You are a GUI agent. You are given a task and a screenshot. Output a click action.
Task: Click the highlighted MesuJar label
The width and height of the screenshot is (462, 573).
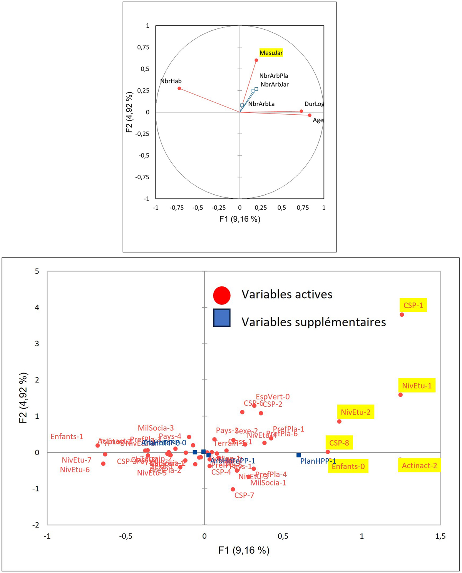271,53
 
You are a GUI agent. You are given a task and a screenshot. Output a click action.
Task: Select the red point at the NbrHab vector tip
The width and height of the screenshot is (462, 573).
179,88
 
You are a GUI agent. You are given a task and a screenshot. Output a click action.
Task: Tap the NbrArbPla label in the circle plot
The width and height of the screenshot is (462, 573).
273,76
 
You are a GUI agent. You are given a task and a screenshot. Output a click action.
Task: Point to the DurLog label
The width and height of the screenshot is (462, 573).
314,104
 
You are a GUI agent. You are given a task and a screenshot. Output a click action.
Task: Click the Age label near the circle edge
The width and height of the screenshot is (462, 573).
318,120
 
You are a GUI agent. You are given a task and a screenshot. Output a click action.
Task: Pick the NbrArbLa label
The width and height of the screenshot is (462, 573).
261,104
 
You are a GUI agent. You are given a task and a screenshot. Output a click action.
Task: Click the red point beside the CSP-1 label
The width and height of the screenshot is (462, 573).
402,314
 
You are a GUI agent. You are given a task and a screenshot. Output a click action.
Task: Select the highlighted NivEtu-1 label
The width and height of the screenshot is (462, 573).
417,386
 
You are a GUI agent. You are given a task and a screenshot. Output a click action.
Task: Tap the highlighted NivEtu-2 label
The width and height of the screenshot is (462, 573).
355,412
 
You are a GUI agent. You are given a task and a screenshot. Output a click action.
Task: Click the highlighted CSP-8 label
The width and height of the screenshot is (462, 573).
339,443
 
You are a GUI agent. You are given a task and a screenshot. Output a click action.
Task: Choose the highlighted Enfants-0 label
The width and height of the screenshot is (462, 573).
348,466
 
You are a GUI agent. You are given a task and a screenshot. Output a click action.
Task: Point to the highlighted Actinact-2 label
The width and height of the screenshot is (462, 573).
419,466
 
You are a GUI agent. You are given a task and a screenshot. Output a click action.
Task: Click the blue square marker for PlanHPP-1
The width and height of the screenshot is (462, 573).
298,455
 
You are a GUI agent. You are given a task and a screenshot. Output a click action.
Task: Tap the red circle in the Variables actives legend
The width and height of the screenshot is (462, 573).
222,295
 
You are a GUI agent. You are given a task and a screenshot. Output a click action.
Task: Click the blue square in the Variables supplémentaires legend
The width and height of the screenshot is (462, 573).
222,318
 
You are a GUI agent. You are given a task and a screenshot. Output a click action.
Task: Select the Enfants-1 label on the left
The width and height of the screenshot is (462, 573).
67,437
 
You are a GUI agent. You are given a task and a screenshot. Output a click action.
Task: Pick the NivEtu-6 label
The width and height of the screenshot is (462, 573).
75,470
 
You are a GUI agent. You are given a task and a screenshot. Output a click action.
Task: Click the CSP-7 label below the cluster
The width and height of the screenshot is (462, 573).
244,495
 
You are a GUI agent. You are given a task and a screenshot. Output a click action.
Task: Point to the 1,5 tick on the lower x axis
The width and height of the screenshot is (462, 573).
440,536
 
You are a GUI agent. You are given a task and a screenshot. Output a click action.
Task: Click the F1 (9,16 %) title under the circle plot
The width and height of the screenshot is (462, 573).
239,219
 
